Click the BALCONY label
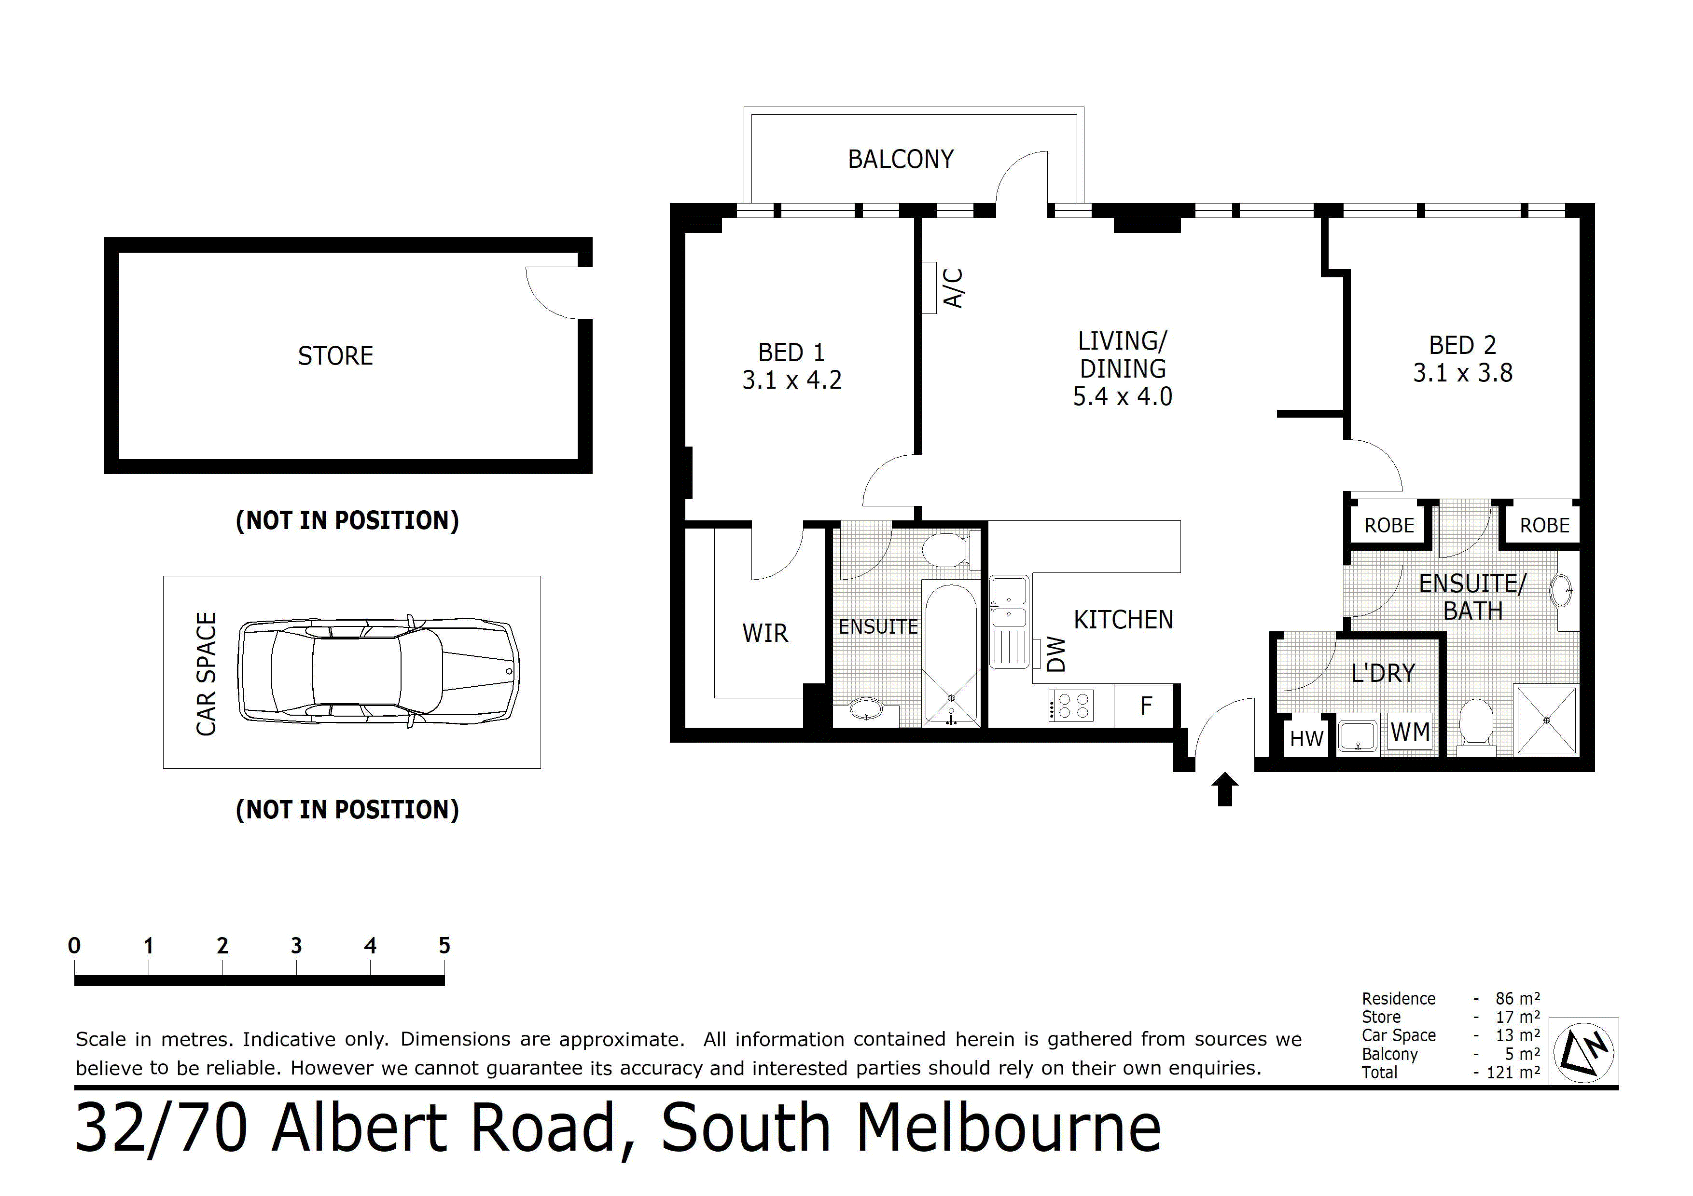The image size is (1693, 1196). click(901, 159)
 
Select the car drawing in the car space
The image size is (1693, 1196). click(378, 671)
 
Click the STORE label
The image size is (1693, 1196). click(335, 356)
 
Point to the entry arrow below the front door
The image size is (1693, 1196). click(1225, 788)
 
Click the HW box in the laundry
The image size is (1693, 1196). click(1306, 738)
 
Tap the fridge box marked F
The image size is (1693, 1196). click(1146, 706)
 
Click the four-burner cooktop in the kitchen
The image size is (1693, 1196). click(1070, 705)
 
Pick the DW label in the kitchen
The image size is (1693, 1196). click(1056, 654)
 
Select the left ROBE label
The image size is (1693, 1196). click(1389, 525)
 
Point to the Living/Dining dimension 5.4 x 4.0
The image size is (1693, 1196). click(1122, 396)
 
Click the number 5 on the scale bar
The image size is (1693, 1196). click(444, 945)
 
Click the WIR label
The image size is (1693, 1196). click(764, 633)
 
